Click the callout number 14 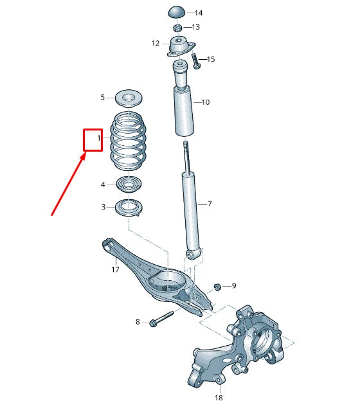[198, 13]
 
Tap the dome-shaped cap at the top [177, 13]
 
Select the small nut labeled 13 [177, 28]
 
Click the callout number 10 [205, 102]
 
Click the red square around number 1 [93, 139]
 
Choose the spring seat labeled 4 [129, 185]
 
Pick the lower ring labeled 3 [129, 208]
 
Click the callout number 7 [210, 204]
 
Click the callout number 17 [116, 270]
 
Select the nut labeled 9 [217, 286]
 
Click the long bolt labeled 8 [164, 318]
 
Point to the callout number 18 [218, 398]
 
